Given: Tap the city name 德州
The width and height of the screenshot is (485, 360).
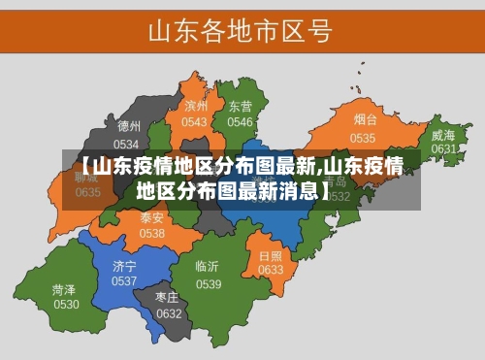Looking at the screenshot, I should click(129, 126).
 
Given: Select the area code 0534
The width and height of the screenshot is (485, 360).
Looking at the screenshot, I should click(127, 143).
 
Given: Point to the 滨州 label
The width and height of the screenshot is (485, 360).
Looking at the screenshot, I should click(196, 106).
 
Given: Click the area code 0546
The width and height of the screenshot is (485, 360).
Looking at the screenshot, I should click(240, 122).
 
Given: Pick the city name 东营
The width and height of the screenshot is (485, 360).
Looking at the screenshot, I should click(240, 106).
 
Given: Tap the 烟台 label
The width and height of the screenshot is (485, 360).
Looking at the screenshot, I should click(365, 120).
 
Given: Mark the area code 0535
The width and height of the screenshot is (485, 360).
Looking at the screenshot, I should click(363, 138).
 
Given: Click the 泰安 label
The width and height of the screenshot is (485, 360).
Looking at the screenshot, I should click(152, 217).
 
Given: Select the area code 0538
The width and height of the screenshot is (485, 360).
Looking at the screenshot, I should click(152, 233).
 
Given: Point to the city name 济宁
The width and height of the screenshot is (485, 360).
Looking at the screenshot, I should click(124, 265).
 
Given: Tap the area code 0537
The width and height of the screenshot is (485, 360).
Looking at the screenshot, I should click(124, 280).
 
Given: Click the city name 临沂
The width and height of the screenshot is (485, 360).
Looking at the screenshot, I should click(208, 266).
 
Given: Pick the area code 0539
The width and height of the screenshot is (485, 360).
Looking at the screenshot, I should click(209, 284).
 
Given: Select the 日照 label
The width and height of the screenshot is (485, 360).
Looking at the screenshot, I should click(271, 255).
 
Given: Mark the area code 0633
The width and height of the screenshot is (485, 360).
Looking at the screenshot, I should click(271, 270).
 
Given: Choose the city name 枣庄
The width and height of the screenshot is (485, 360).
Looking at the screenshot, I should click(169, 297).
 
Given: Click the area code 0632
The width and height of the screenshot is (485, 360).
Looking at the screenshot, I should click(169, 313).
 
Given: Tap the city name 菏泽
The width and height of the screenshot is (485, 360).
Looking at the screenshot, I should click(65, 289).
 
